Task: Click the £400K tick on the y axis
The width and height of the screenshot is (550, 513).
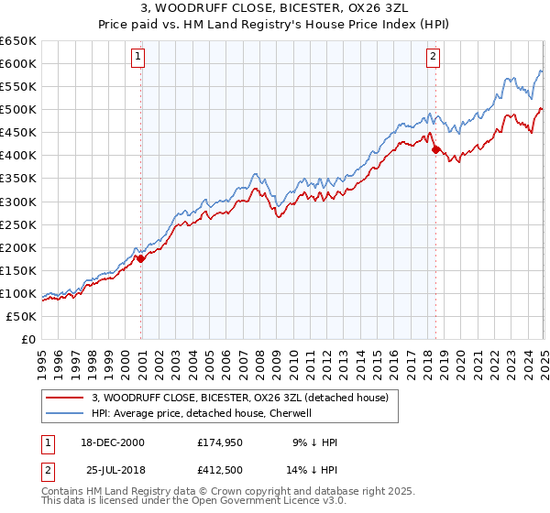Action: pos(17,155)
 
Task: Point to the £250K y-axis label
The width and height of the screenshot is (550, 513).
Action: pos(17,224)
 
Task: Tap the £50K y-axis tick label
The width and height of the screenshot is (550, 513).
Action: pos(21,316)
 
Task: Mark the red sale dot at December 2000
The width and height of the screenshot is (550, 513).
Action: pos(141,258)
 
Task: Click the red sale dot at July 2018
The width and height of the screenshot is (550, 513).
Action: pos(435,149)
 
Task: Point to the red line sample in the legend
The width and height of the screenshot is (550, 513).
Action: pos(64,398)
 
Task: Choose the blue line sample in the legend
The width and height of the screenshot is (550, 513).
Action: pos(64,413)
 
